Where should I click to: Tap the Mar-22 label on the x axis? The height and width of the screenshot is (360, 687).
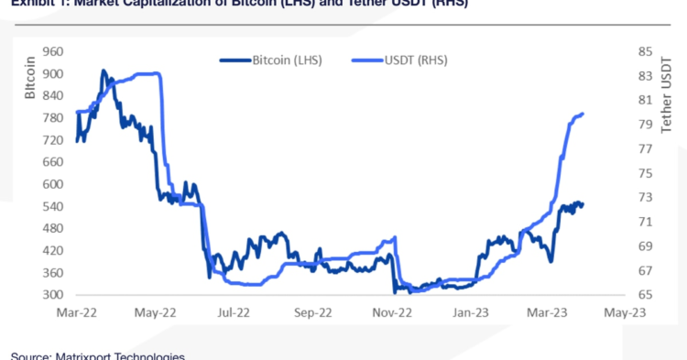pyautogui.click(x=77, y=312)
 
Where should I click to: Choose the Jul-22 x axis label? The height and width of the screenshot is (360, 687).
pyautogui.click(x=234, y=312)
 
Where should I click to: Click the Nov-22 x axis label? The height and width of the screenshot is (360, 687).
pyautogui.click(x=390, y=312)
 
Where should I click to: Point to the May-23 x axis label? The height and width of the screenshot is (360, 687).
pyautogui.click(x=625, y=312)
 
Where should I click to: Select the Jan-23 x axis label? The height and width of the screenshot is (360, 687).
pyautogui.click(x=469, y=312)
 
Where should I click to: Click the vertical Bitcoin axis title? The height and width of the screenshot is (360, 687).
pyautogui.click(x=29, y=77)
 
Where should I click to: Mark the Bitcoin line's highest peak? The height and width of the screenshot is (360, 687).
pyautogui.click(x=104, y=71)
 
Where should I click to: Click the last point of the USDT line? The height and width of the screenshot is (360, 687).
pyautogui.click(x=583, y=114)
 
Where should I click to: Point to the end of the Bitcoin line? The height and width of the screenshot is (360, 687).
pyautogui.click(x=583, y=203)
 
